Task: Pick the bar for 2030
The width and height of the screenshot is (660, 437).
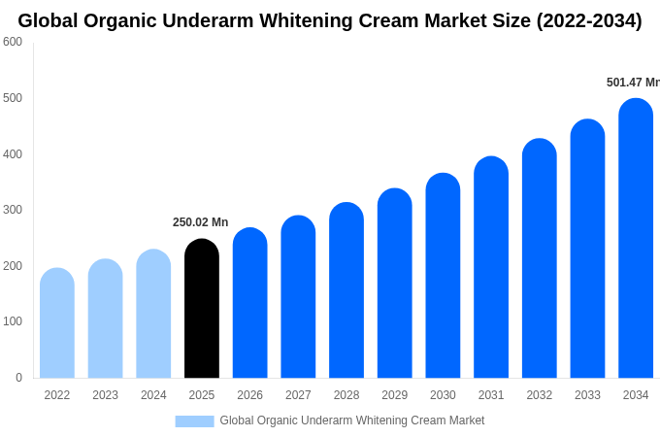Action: tap(443, 276)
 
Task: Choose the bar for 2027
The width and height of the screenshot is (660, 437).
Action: tap(298, 297)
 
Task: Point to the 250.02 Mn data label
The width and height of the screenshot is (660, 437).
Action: tap(200, 222)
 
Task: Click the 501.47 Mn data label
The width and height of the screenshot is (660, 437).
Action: tap(632, 83)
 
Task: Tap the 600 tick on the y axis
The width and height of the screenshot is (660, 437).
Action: tap(13, 42)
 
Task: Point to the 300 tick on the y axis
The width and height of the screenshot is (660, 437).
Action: tap(13, 210)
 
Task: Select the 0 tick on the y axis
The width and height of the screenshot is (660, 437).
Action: tap(18, 378)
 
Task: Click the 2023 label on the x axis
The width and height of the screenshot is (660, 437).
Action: tap(105, 395)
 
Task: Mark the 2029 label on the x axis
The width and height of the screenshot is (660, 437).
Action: tap(394, 395)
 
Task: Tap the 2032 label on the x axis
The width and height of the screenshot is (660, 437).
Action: tap(539, 395)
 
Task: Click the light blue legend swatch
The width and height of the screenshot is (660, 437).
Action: tap(194, 421)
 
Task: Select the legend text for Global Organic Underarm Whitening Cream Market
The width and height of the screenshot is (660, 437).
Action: tap(351, 420)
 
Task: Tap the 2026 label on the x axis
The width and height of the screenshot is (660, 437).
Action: tap(249, 395)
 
